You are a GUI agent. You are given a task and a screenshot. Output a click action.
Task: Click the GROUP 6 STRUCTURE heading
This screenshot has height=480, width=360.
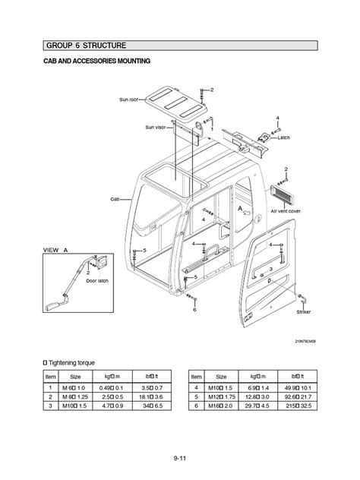tap(86, 46)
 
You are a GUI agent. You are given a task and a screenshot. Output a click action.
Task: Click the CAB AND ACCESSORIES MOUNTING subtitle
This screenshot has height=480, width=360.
tap(96, 61)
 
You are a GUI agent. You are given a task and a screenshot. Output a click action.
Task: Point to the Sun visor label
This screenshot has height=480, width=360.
tap(155, 128)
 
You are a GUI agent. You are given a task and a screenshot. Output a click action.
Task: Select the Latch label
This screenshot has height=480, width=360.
tap(284, 137)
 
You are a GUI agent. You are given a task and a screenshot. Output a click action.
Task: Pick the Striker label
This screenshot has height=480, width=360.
tap(304, 311)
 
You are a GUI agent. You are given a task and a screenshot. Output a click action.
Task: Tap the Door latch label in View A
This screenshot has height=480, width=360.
tap(99, 280)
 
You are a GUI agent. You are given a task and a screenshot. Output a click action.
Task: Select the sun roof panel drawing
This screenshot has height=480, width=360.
tap(172, 102)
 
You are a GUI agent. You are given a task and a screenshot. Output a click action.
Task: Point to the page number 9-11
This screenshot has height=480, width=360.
tap(180, 458)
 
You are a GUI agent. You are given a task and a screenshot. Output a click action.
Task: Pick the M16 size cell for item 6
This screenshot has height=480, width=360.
tap(221, 405)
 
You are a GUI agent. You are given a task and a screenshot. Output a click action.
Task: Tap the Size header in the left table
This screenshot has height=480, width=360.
tap(76, 376)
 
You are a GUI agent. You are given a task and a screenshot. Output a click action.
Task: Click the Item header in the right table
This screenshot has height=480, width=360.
tap(196, 376)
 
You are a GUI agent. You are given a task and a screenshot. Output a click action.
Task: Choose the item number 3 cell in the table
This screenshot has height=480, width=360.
tap(51, 405)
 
